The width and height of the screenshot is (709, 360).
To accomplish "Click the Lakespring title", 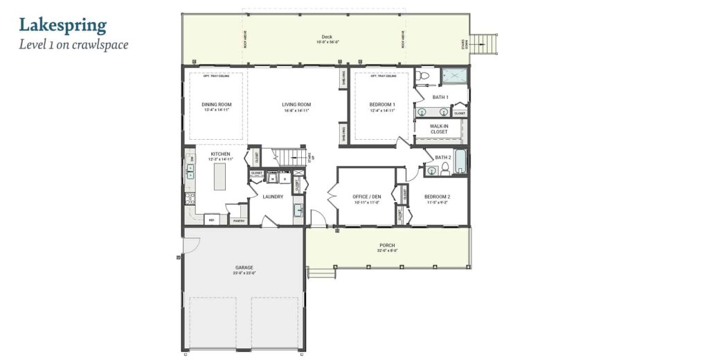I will point(62,26).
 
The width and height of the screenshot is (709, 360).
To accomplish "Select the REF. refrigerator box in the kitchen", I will point(213,219).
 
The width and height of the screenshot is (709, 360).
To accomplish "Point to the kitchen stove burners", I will point(189,199).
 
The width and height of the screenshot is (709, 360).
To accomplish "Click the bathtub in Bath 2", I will point(460,161).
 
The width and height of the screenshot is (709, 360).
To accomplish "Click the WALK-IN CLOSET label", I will point(439,129).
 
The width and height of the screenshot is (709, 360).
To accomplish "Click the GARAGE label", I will point(244,267).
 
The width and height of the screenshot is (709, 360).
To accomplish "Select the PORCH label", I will point(387,245).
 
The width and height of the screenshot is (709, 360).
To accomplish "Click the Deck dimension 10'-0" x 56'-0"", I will point(327,42).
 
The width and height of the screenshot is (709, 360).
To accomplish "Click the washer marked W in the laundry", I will point(272,178).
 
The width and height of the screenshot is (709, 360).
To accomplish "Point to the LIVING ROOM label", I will point(296,105).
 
